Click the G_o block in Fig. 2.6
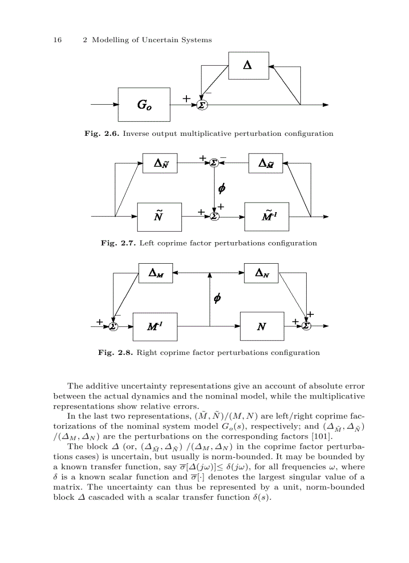click(144, 105)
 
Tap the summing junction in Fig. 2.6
click(202, 105)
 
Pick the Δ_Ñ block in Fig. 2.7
click(160, 162)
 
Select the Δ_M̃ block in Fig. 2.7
click(266, 162)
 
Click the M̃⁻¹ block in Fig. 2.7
click(267, 216)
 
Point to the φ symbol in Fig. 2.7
click(222, 189)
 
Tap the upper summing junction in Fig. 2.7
click(215, 162)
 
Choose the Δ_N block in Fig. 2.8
click(262, 273)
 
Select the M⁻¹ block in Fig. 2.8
click(155, 326)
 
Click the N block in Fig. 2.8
click(262, 326)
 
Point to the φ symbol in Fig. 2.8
click(217, 299)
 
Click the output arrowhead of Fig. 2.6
click(326, 105)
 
